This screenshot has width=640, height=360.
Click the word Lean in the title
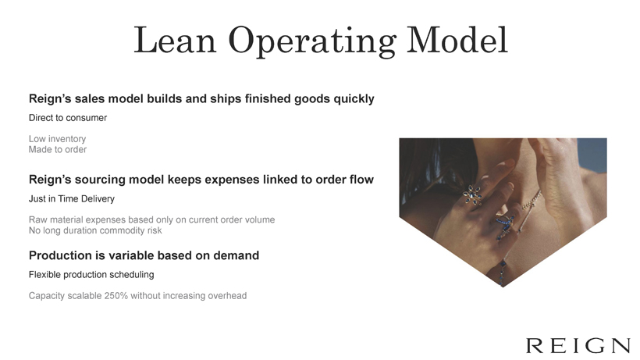point(175,40)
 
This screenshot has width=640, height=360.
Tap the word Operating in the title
point(312,41)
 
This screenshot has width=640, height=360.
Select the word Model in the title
point(457,40)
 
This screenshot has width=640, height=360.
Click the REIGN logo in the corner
point(578,345)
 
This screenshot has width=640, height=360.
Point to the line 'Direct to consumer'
point(68,118)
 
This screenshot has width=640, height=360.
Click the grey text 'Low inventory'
point(57,139)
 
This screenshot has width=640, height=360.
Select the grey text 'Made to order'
point(58,149)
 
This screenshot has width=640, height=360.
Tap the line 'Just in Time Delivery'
point(72,199)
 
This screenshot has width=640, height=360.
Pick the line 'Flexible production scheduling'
point(91,275)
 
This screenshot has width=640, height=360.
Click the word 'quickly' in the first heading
point(354,99)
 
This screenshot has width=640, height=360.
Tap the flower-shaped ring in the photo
point(473,194)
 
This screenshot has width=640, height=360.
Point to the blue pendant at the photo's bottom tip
point(503,274)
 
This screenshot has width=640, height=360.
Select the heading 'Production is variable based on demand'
point(144,255)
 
